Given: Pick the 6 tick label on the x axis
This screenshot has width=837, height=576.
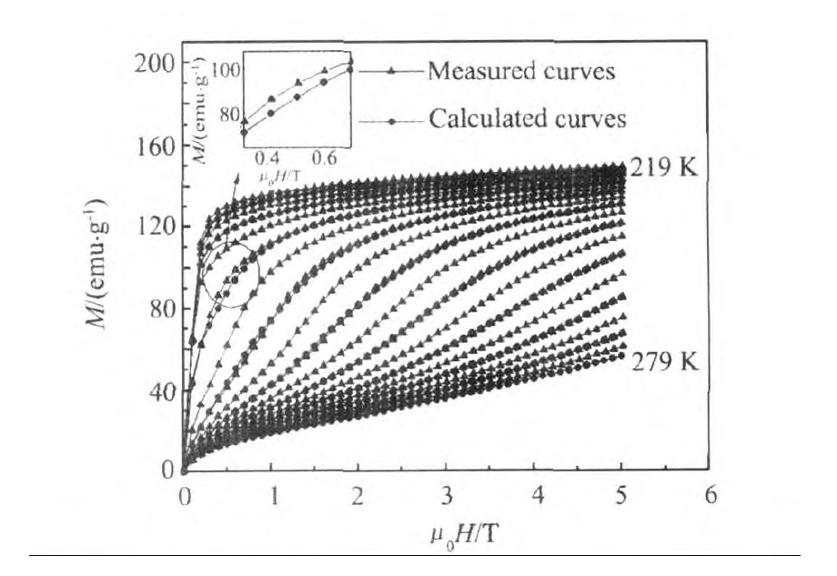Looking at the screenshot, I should point(711,496).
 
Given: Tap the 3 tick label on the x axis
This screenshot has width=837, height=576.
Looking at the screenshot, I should point(447,496).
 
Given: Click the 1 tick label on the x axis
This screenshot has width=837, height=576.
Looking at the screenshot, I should point(272,496).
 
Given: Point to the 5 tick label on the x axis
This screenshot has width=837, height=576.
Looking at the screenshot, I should point(623,496).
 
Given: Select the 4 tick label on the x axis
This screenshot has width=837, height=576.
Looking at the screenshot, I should point(535,496).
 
